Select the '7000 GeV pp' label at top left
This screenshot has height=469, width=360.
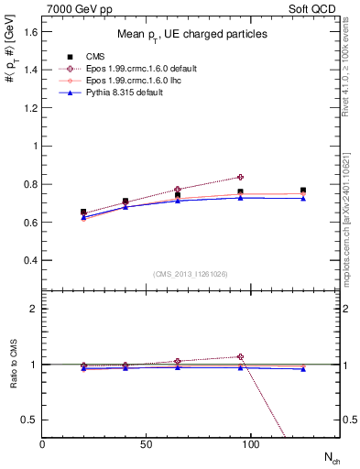pos(76,7)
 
